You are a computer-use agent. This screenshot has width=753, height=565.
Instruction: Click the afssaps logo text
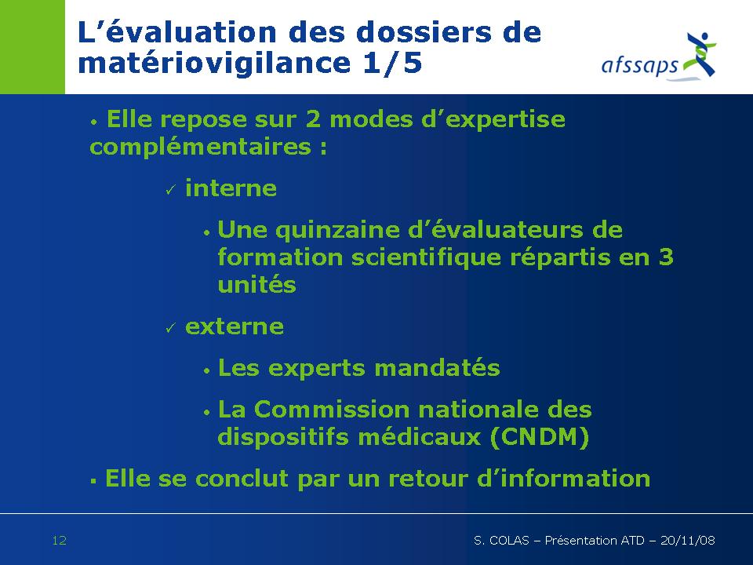[x=640, y=65]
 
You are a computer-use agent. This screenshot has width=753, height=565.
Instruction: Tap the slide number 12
[x=59, y=541]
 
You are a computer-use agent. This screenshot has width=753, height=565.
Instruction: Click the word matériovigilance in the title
[x=214, y=63]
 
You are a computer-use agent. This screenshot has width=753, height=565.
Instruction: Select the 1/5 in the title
[x=392, y=63]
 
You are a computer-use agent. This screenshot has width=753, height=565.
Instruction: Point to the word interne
[x=231, y=188]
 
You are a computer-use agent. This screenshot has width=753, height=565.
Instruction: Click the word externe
[x=235, y=326]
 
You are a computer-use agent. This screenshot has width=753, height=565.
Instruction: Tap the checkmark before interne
[x=170, y=190]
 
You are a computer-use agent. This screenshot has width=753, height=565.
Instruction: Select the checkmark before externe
[x=170, y=328]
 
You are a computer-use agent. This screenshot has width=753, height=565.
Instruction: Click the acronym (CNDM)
[x=540, y=437]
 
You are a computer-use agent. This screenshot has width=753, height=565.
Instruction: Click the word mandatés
[x=437, y=368]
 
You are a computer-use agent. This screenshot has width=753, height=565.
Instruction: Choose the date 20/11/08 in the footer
[x=688, y=541]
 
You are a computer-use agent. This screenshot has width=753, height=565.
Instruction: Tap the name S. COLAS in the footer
[x=501, y=541]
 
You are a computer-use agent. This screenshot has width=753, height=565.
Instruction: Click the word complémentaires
[x=200, y=147]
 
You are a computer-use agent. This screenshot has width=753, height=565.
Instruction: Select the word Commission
[x=332, y=410]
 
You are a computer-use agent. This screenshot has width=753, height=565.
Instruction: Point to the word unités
[x=257, y=284]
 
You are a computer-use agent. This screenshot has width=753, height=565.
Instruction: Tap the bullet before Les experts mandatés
[x=206, y=371]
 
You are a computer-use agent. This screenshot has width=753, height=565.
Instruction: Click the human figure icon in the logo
[x=700, y=54]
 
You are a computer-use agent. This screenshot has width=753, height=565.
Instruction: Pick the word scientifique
[x=427, y=258]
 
